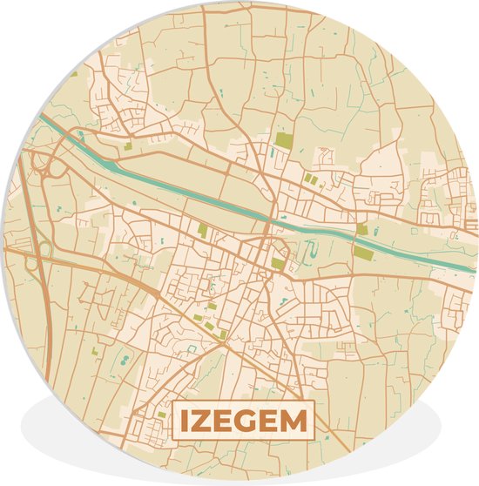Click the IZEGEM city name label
[x=243, y=422]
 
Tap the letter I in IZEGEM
[x=186, y=423]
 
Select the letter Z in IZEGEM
[x=203, y=423]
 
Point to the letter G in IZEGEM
[x=249, y=423]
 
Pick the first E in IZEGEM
[x=226, y=423]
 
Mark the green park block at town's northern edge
[x=283, y=139]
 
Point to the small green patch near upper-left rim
[x=75, y=74]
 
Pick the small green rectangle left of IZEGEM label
[x=160, y=415]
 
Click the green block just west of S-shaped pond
[x=278, y=263]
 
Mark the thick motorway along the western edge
[x=44, y=305]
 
